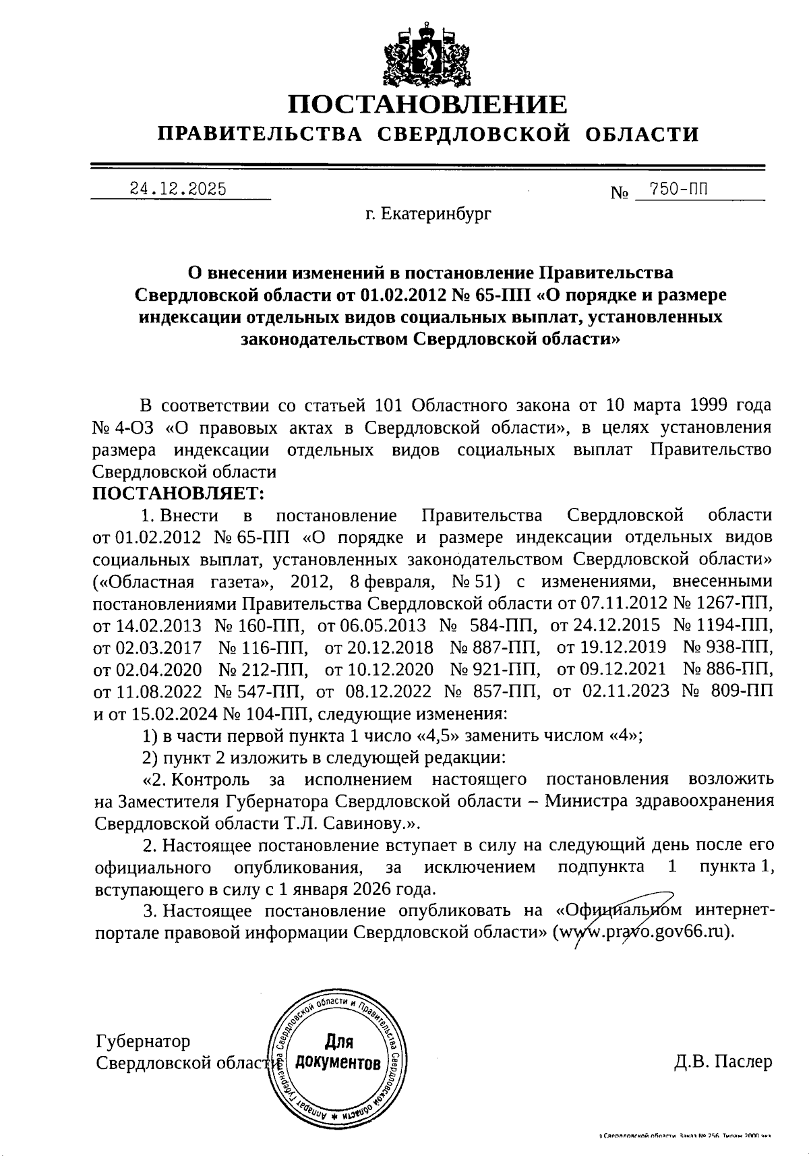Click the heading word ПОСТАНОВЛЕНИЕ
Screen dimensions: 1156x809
[427, 105]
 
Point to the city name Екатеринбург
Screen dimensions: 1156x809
[436, 214]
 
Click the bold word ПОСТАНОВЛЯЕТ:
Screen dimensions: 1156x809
[179, 494]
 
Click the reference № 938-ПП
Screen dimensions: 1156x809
[728, 647]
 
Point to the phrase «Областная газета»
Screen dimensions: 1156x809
[181, 581]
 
